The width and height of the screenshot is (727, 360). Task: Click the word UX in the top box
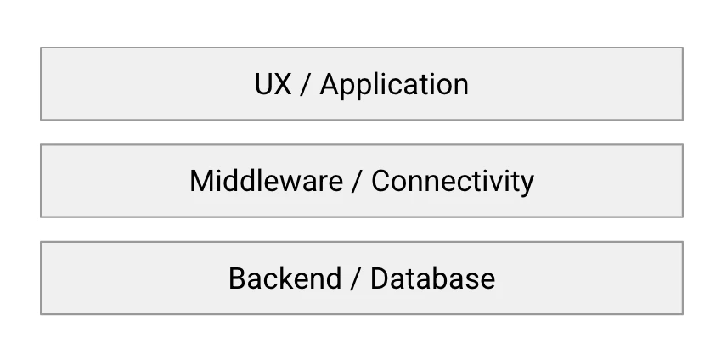(x=273, y=84)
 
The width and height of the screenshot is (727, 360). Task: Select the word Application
(x=394, y=86)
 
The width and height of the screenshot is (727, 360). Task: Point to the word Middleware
(x=267, y=181)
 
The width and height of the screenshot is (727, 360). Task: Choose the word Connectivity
(x=453, y=182)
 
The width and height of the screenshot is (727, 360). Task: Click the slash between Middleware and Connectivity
(x=357, y=181)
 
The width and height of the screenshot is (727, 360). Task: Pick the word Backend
(x=285, y=278)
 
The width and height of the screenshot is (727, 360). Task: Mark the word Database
(x=432, y=278)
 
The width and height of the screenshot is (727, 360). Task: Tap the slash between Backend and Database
(x=355, y=278)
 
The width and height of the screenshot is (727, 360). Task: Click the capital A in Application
(x=330, y=84)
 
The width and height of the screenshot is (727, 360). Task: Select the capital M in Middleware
(x=201, y=181)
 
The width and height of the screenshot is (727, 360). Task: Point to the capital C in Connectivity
(x=381, y=181)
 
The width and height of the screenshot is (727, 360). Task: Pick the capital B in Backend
(x=238, y=278)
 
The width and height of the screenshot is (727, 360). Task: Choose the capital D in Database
(x=380, y=278)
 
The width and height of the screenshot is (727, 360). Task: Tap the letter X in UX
(x=283, y=84)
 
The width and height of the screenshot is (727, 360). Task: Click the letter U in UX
(x=263, y=84)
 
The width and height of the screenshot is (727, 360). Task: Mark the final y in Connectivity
(x=527, y=186)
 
